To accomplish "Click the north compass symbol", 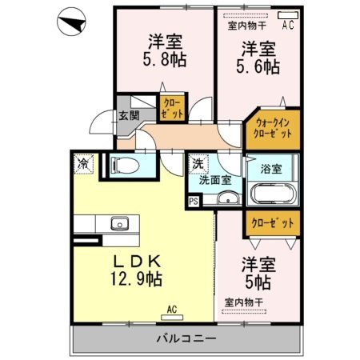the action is tap(71, 22).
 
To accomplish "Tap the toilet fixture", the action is tap(125, 166).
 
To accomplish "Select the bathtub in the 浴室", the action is tap(274, 194).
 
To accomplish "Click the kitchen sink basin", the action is tap(120, 223).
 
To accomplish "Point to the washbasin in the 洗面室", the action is tap(228, 198).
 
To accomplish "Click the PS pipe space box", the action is tap(194, 202).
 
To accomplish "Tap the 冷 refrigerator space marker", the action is tap(83, 164).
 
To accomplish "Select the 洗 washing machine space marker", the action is tap(198, 164).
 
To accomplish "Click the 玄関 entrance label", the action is tap(129, 116).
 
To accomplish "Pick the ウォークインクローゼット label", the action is tap(273, 128).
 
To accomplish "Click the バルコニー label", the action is tap(186, 339).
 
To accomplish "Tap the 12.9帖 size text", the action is tap(136, 279).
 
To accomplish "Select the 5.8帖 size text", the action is tap(165, 59).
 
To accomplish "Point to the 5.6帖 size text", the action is tap(258, 66).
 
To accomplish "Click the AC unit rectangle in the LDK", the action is tap(172, 318).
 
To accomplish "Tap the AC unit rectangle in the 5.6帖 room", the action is tap(288, 15).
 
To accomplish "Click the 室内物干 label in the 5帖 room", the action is tap(244, 302).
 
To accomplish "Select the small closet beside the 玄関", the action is tap(172, 108).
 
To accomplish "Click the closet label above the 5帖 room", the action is tap(273, 223).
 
